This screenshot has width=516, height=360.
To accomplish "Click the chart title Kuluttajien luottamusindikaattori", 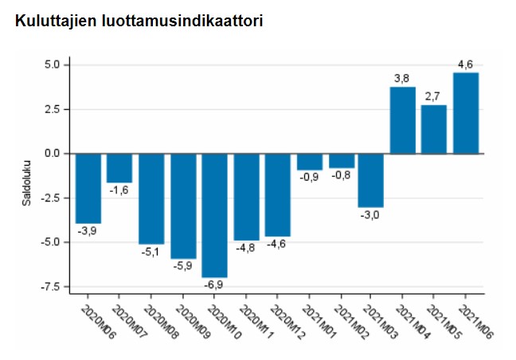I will pos(139,21).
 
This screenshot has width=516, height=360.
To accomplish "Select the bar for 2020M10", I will pos(214,214).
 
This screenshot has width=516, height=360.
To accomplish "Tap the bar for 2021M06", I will pos(466,112).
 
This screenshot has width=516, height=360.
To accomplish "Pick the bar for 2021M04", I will pos(403,119).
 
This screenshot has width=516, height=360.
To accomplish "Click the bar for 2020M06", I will pos(88,188).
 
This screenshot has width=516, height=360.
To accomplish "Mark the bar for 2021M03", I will pos(371,180).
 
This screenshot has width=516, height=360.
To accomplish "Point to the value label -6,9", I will pos(214,285).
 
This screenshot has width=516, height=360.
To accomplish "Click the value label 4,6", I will pos(466,63).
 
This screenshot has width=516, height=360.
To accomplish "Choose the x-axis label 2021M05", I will pos(445,322).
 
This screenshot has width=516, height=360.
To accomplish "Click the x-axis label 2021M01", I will pos(319,322).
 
